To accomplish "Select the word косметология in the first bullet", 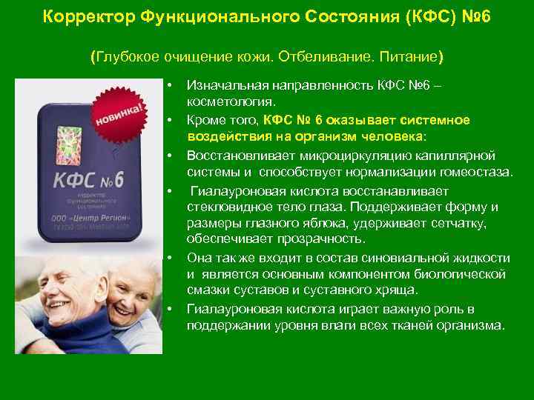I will click(231, 101).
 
